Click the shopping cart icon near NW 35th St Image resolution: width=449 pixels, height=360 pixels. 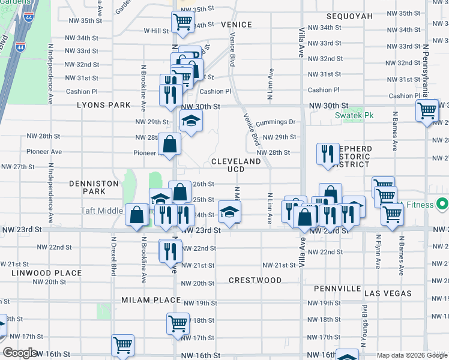(182, 22)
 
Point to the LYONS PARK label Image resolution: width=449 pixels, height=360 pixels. (103, 105)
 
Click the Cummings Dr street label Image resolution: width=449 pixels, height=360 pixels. (276, 122)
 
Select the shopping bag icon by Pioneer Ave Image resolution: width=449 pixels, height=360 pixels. (169, 144)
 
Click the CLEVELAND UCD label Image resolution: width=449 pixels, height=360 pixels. (236, 166)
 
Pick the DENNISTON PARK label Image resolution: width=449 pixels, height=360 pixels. (88, 187)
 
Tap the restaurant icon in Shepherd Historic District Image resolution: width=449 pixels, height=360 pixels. (328, 154)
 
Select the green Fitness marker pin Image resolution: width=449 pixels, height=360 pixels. (442, 205)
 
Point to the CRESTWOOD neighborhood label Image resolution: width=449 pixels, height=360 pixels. (255, 280)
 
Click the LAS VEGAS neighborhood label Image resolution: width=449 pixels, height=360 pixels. (388, 293)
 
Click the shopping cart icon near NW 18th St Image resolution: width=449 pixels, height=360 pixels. (178, 323)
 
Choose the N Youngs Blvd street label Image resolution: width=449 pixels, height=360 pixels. (364, 326)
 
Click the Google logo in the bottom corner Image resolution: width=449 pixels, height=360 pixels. (20, 353)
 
